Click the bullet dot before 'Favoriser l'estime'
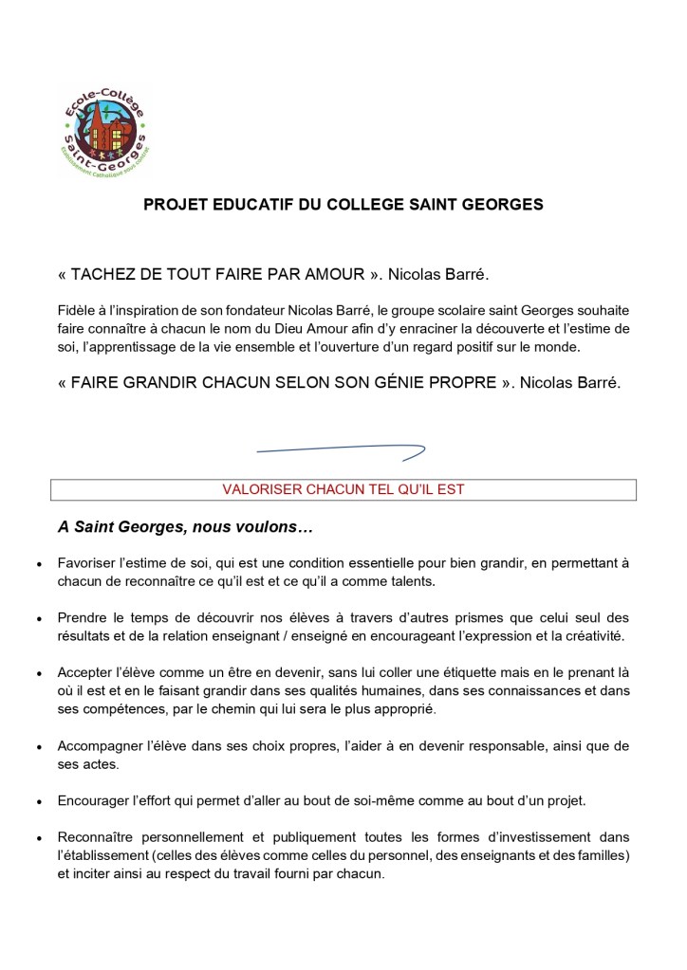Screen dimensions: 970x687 pos(38,563)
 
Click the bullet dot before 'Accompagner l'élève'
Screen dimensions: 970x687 pos(38,746)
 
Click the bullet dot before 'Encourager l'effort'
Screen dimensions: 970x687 pos(38,800)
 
